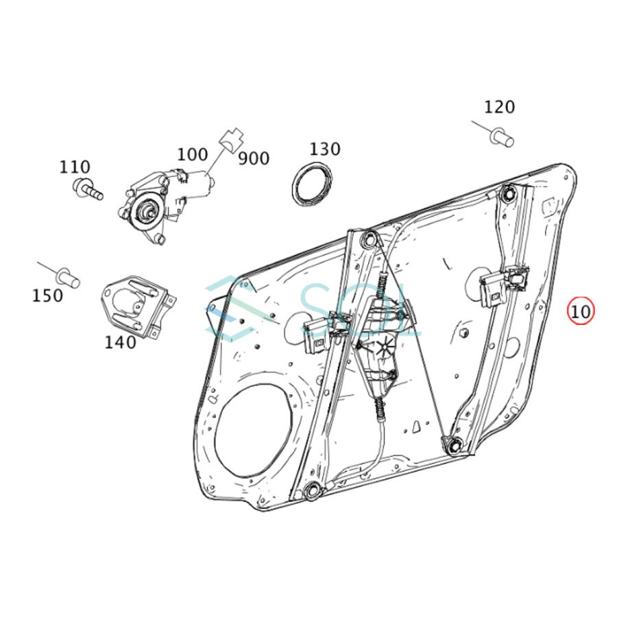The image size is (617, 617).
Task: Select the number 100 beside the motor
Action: point(193,154)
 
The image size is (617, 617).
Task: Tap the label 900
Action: point(254,158)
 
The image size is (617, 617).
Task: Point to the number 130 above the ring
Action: point(325,149)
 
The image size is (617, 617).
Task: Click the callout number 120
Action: point(499,107)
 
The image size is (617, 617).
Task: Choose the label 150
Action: point(47,295)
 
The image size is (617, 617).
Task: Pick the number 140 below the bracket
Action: point(120,342)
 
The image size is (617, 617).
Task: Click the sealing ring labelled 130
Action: point(312,183)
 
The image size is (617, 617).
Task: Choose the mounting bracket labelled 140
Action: point(138,306)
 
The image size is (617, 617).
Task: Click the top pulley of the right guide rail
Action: point(509,193)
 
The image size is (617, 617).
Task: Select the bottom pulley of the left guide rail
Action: point(312,491)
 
